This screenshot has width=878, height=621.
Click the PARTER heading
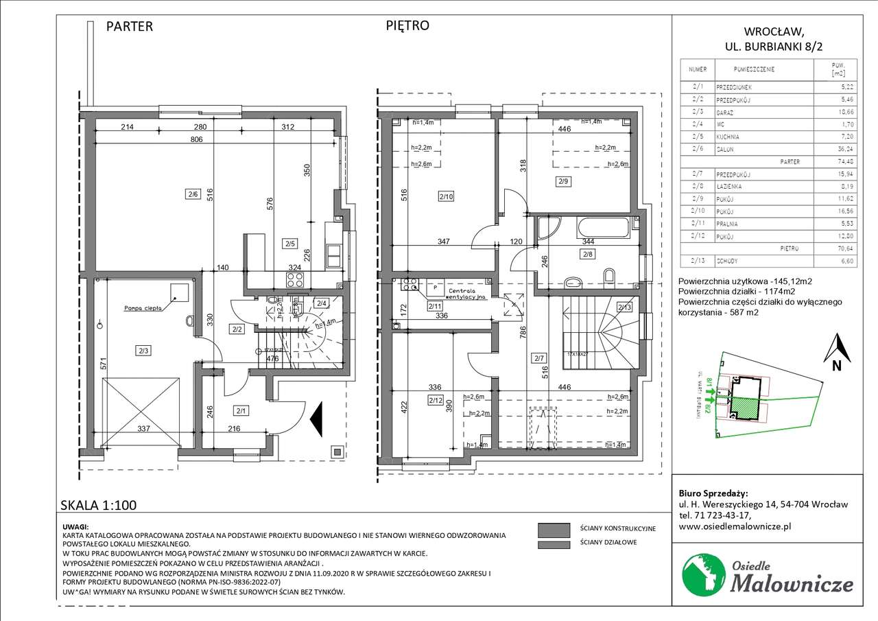click(x=129, y=27)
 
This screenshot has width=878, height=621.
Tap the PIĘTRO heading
click(x=407, y=25)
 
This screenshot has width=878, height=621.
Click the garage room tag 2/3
click(x=143, y=351)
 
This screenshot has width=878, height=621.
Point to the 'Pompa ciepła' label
click(x=143, y=308)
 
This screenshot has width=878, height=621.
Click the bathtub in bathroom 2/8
click(x=602, y=226)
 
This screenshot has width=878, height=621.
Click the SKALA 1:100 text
click(x=98, y=506)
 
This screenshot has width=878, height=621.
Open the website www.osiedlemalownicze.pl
click(x=735, y=526)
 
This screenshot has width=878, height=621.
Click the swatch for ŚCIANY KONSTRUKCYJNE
click(x=554, y=529)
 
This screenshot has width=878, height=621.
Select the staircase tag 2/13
click(x=624, y=307)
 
